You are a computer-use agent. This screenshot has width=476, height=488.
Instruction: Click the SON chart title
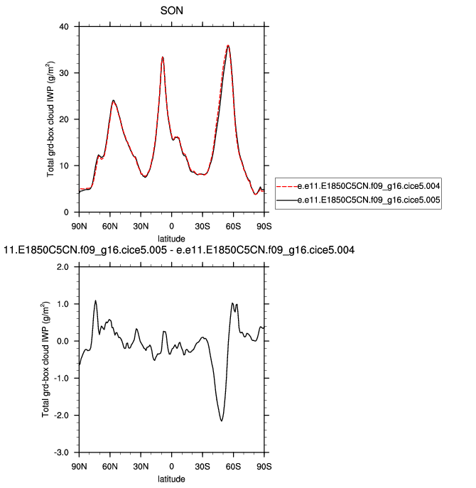click(173, 11)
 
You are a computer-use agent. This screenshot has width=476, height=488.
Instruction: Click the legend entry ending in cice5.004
click(370, 187)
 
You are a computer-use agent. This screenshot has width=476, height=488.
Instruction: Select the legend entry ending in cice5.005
click(370, 201)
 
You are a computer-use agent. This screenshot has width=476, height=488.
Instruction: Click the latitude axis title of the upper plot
click(172, 237)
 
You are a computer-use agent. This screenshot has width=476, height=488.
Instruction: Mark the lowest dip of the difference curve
click(222, 421)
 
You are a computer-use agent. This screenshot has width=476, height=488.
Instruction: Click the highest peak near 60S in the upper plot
click(228, 45)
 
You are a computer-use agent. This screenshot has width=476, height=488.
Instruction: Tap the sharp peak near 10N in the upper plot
click(163, 57)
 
